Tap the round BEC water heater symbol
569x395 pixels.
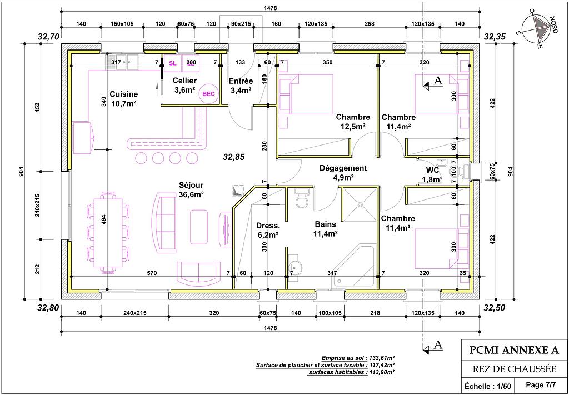tap(208, 94)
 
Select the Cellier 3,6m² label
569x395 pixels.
tap(185, 85)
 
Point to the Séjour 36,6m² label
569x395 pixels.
tap(191, 189)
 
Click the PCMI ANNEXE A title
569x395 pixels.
tap(514, 350)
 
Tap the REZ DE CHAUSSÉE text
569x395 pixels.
tap(514, 369)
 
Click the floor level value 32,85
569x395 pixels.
tap(233, 157)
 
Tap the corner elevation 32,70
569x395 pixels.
tap(48, 37)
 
